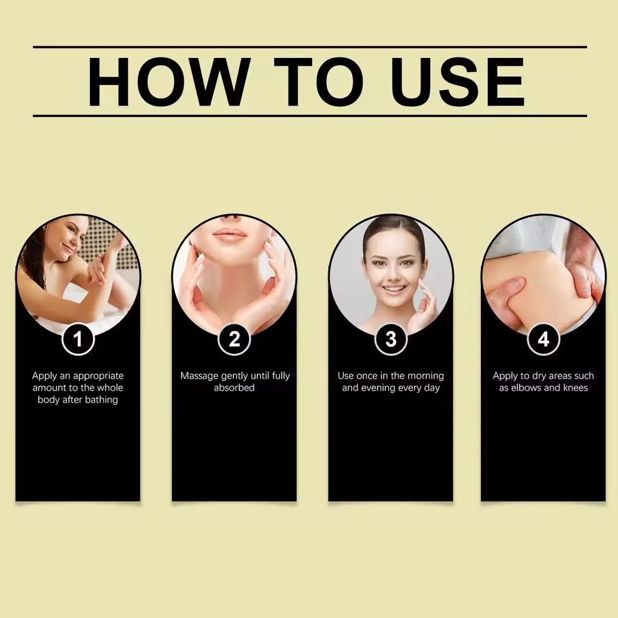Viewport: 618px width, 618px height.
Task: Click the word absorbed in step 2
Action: (234, 388)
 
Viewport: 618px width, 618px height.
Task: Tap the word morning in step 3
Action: (426, 375)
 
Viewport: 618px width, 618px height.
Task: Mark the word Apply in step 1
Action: (44, 375)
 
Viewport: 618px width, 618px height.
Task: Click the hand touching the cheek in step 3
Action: (424, 306)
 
